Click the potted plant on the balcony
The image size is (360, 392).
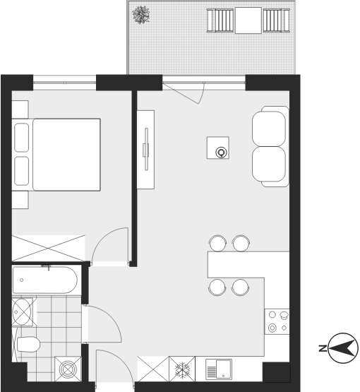[x=141, y=15]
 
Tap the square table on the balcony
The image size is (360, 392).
[x=248, y=20]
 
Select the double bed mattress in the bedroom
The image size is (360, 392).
[x=66, y=155]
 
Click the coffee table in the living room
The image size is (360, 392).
[x=218, y=148]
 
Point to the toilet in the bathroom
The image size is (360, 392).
[x=28, y=344]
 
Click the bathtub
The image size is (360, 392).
[x=45, y=280]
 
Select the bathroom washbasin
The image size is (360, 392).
[x=22, y=311]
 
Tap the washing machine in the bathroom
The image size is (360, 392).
[x=68, y=369]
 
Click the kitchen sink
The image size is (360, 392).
[x=219, y=369]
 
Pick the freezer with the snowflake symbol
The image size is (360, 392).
[x=182, y=369]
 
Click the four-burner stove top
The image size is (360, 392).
[x=277, y=321]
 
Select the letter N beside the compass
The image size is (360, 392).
[x=323, y=348]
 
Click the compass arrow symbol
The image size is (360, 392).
[x=343, y=348]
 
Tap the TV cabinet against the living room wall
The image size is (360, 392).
[x=145, y=150]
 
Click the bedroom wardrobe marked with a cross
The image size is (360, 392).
[x=49, y=248]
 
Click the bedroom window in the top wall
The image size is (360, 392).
[x=64, y=83]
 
